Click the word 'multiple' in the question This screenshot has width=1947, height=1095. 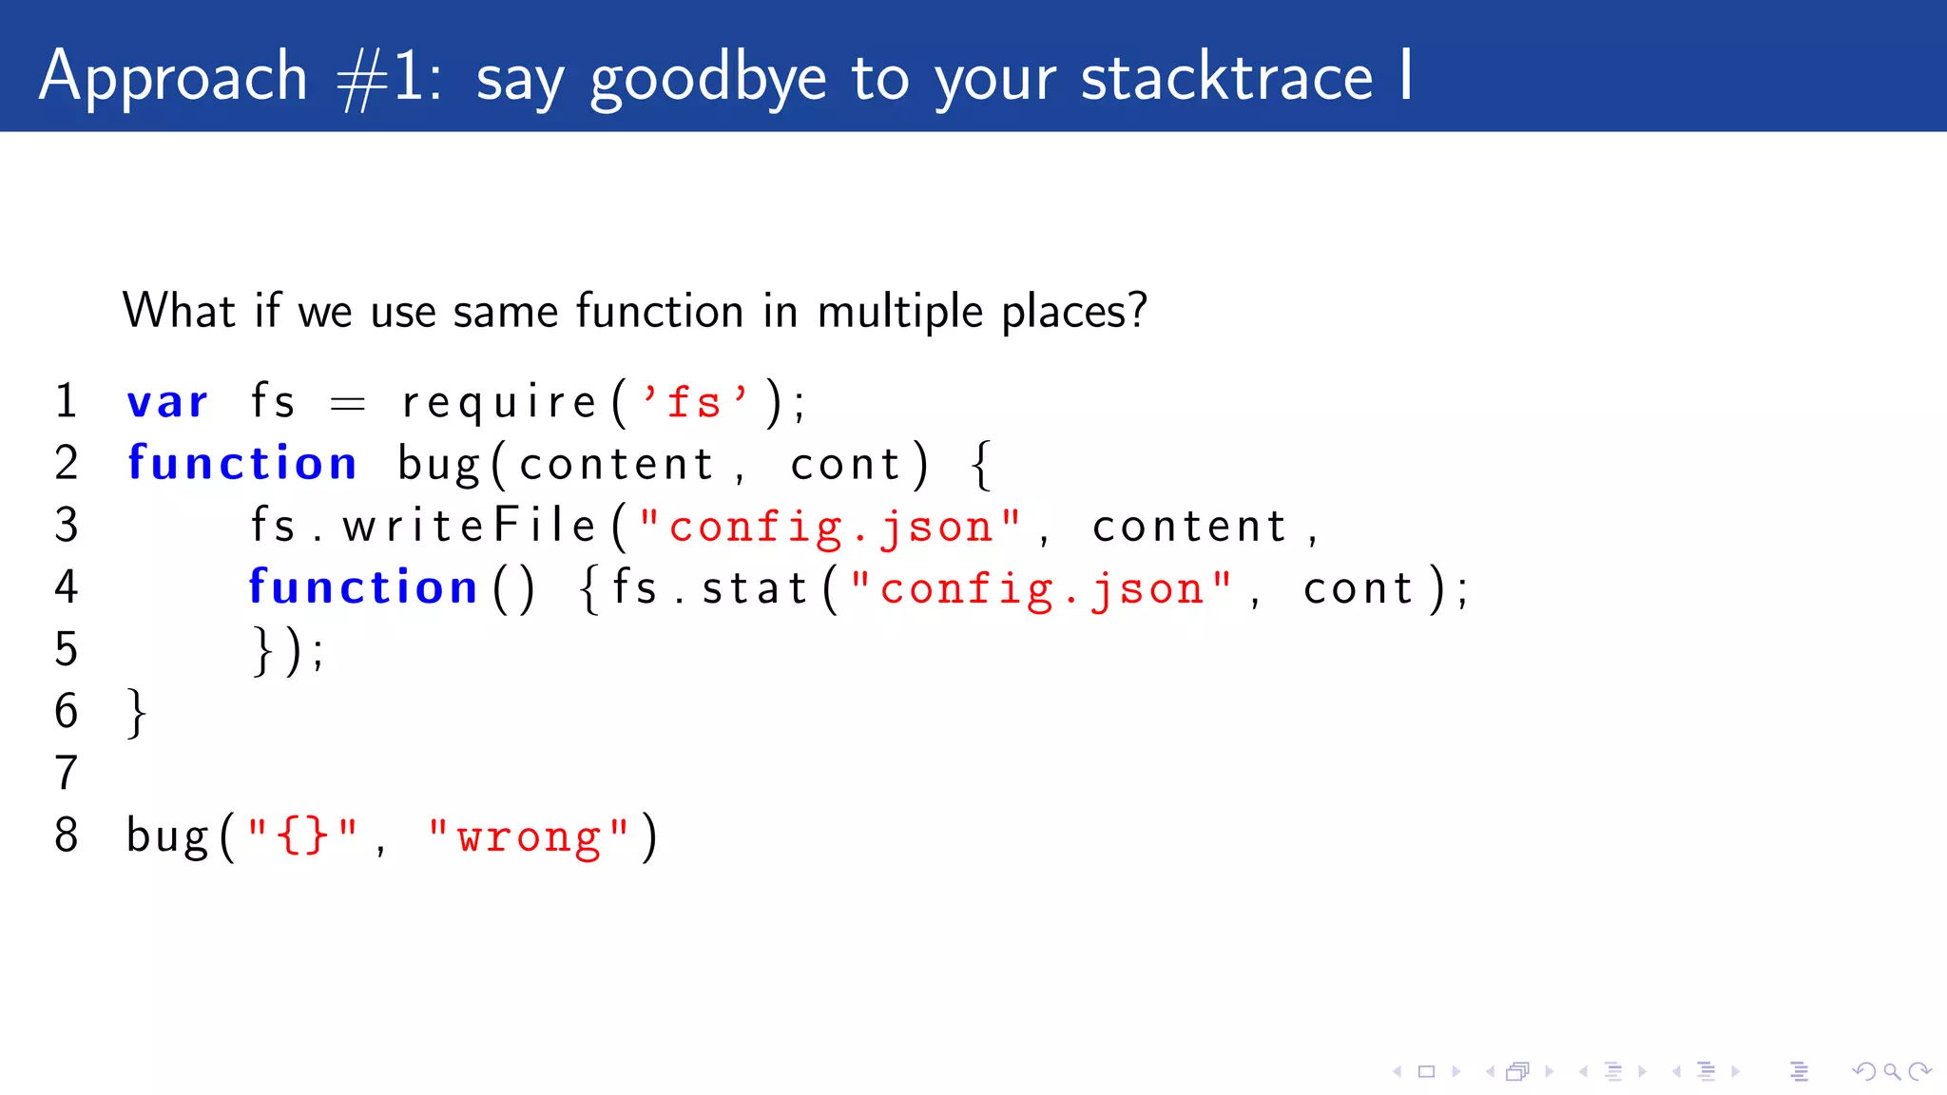point(899,312)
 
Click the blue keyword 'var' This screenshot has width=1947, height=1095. point(167,402)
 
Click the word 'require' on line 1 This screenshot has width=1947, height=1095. point(498,403)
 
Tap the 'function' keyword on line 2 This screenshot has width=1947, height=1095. point(242,464)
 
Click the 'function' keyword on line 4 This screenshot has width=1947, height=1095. point(362,587)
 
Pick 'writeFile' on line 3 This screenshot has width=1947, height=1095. point(470,526)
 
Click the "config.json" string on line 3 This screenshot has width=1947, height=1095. point(830,527)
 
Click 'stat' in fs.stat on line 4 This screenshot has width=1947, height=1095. point(754,588)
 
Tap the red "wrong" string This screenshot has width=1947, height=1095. point(529,837)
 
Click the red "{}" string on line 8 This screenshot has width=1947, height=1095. point(302,836)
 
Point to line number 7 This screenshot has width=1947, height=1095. point(66,773)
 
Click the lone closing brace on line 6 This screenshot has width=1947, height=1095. point(137,712)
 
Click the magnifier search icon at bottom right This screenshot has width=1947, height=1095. point(1892,1072)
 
